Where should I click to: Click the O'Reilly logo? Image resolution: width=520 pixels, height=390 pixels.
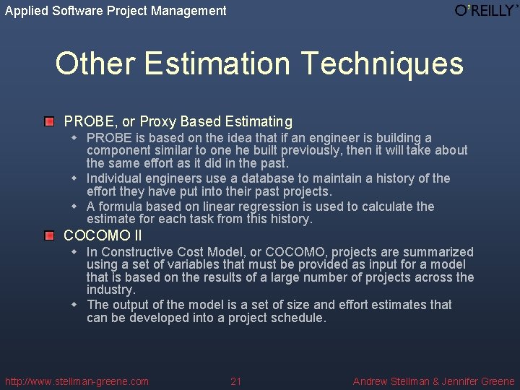[486, 10]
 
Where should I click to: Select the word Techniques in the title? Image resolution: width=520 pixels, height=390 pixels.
[383, 64]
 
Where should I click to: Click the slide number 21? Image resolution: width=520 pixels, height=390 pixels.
[236, 381]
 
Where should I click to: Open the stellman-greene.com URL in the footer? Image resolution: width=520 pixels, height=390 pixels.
[77, 381]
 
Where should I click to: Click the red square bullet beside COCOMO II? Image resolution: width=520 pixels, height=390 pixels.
[49, 235]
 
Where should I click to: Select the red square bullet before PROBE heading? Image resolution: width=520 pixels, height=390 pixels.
[49, 121]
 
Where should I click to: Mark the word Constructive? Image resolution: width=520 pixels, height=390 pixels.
[137, 252]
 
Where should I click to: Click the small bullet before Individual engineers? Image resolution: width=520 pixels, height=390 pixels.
[74, 178]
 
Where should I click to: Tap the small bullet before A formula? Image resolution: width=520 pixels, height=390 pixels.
[74, 207]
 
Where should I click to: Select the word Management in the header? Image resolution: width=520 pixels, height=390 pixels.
[190, 11]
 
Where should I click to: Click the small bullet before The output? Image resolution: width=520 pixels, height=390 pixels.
[74, 305]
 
